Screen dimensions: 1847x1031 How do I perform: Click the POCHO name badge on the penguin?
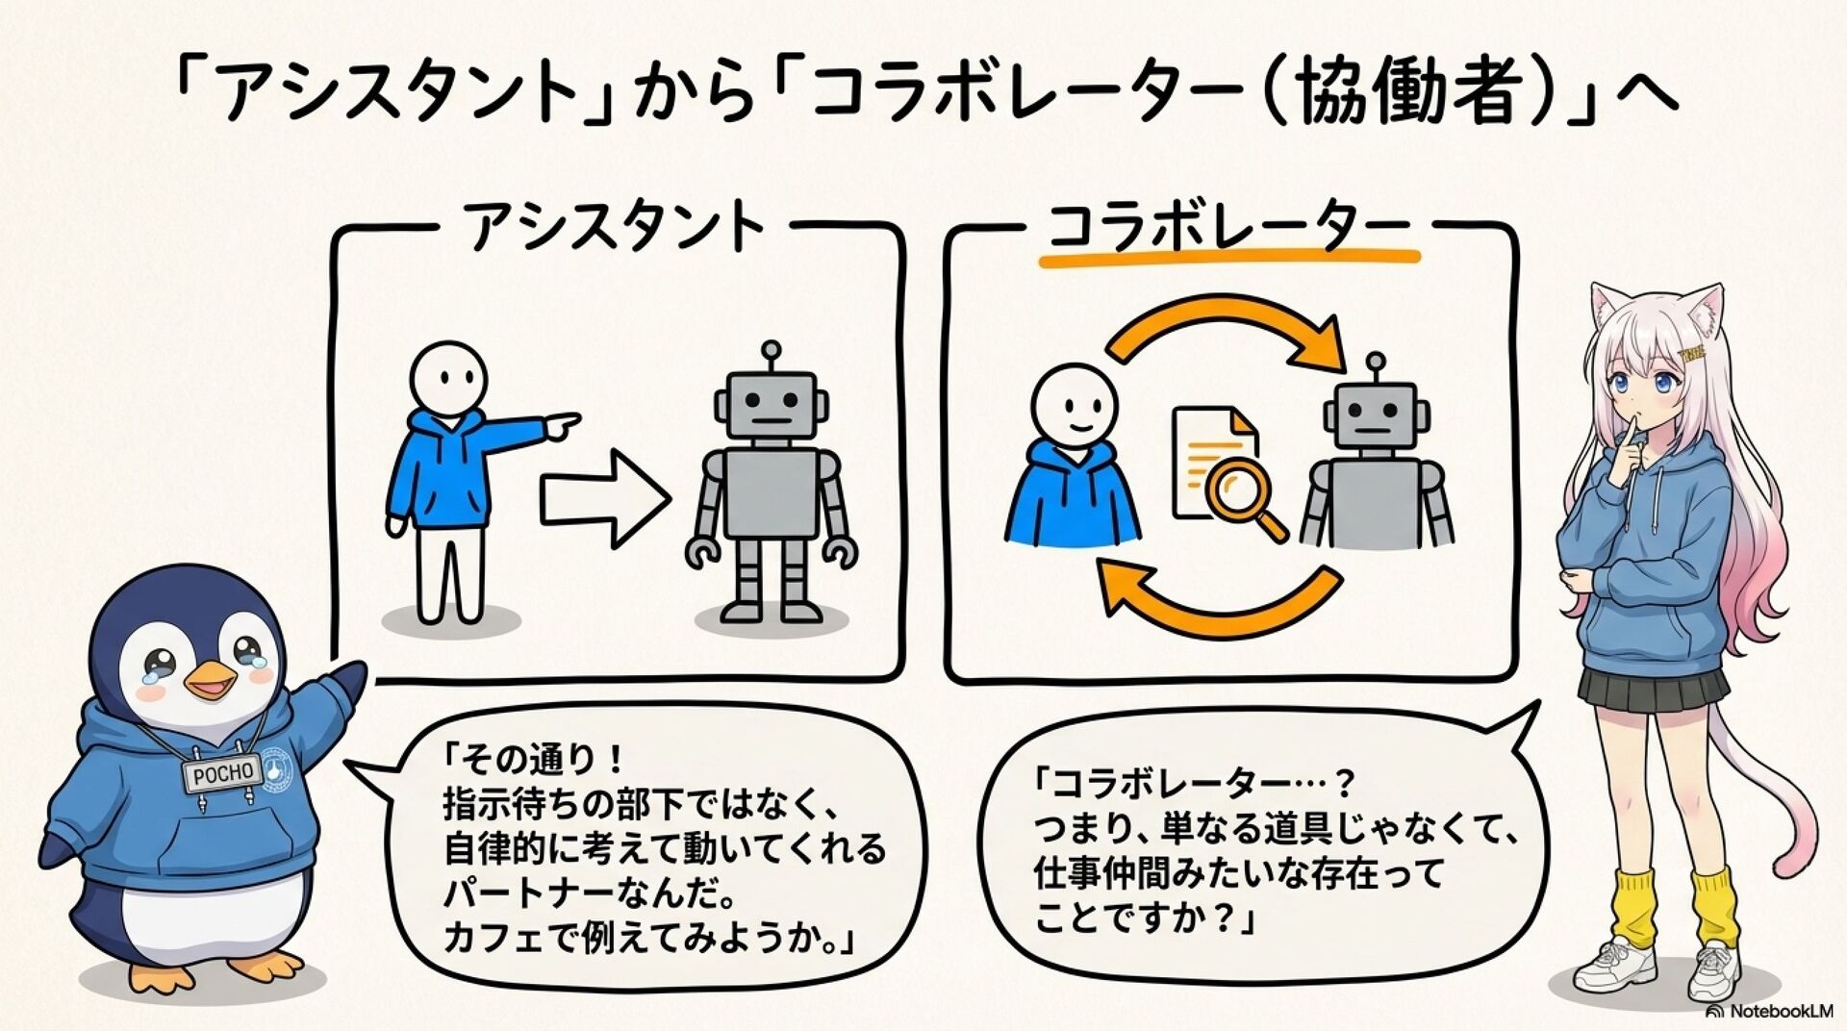222,774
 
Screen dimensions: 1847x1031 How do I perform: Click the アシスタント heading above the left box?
615,227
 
